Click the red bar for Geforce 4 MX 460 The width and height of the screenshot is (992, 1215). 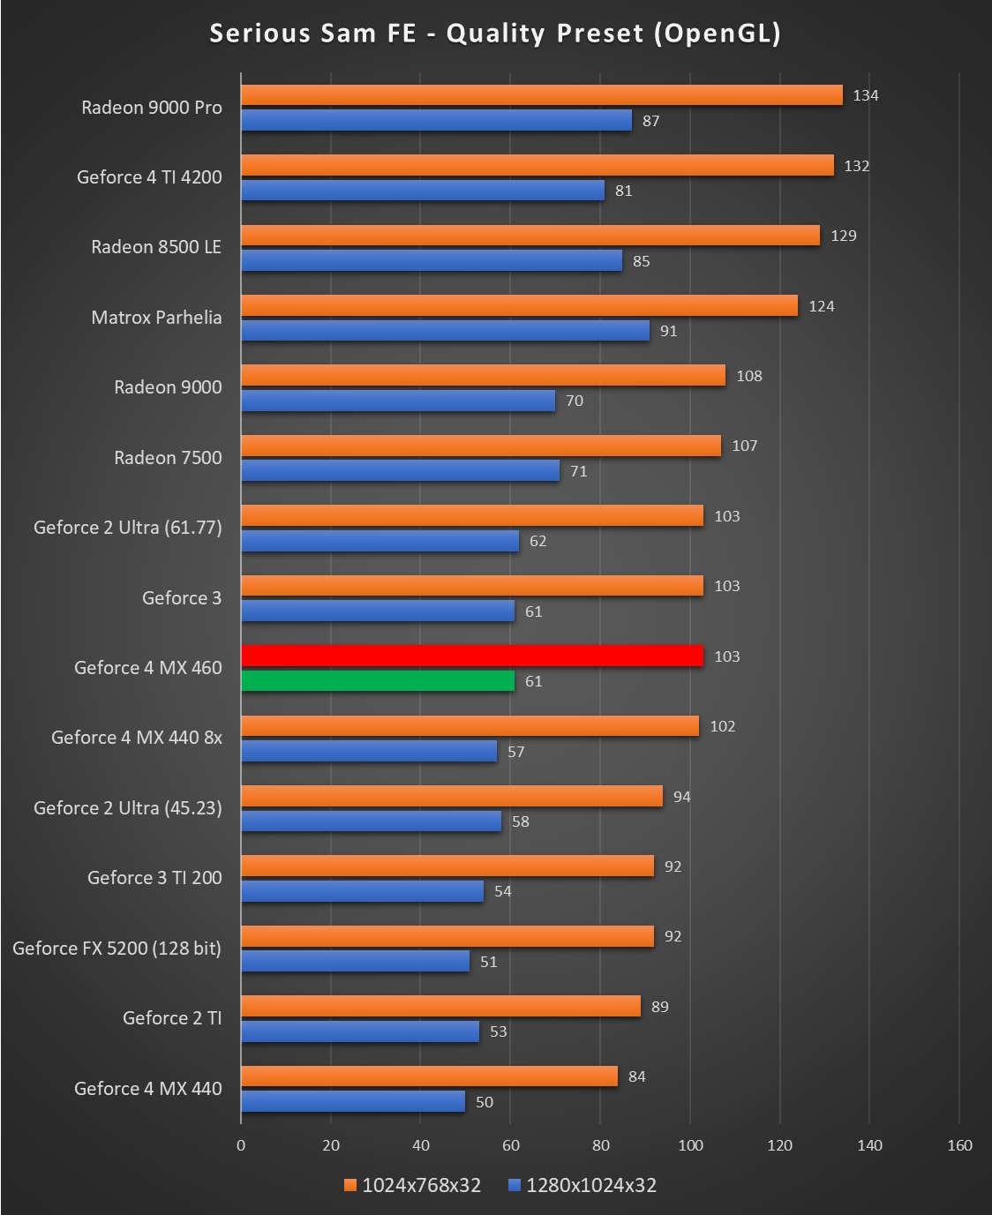click(x=472, y=656)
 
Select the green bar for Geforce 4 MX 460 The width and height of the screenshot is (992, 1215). click(x=378, y=680)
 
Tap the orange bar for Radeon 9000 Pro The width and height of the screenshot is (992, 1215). click(x=542, y=95)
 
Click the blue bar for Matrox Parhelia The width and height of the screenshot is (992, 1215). click(x=445, y=331)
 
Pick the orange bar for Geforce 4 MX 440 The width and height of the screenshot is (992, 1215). click(x=429, y=1076)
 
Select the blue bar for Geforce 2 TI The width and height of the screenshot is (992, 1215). click(x=360, y=1031)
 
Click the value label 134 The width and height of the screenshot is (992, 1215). click(x=866, y=95)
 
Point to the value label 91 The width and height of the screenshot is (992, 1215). click(x=669, y=331)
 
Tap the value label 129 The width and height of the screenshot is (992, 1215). click(x=844, y=236)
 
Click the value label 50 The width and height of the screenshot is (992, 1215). click(x=485, y=1102)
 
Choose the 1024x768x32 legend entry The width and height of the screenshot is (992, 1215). click(x=413, y=1185)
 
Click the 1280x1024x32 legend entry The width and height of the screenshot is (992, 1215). click(x=582, y=1185)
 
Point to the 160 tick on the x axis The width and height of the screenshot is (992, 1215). click(x=959, y=1145)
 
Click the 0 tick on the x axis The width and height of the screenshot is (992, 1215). click(x=241, y=1145)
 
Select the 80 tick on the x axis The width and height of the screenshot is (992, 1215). click(x=600, y=1145)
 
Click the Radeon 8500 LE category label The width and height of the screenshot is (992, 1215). click(x=156, y=247)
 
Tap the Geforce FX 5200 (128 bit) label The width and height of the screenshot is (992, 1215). click(x=116, y=949)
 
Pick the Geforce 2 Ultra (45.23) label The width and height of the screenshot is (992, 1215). click(x=128, y=808)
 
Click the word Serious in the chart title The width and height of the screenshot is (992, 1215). click(x=260, y=34)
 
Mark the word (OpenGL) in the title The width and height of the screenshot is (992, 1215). click(x=718, y=34)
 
